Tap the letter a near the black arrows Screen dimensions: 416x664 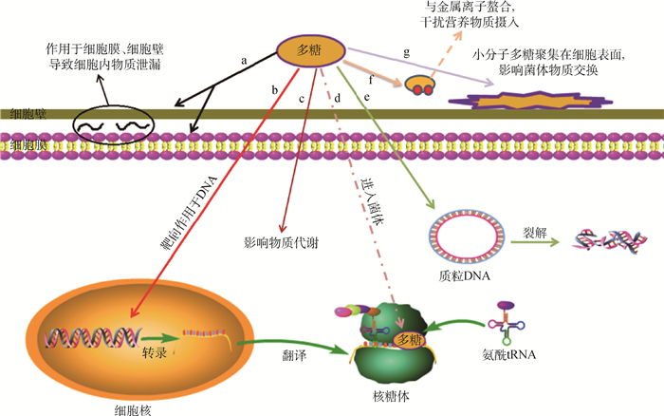[245, 60]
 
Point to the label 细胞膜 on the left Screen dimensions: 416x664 [21, 146]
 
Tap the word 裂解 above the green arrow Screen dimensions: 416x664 [526, 229]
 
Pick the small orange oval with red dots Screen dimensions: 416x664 [422, 85]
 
